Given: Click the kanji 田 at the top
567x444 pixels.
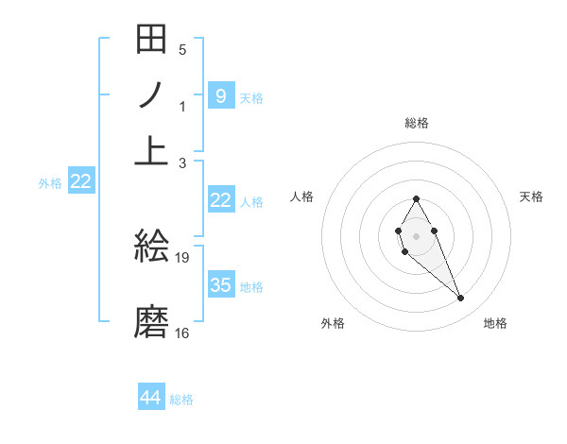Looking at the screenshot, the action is pos(152,41).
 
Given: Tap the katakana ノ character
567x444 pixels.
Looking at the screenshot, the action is pos(152,95).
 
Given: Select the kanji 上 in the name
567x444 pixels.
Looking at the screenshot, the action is pos(152,149).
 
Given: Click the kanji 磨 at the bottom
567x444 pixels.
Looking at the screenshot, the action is pos(152,321).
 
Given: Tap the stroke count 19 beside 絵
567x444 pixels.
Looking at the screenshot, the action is pos(183,257).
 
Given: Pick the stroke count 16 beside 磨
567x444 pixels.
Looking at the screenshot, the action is pos(182,333).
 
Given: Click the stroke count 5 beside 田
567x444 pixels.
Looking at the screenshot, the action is pos(182,50).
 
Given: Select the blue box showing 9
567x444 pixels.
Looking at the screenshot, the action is pos(220,95).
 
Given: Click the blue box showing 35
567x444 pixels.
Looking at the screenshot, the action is pos(220,284).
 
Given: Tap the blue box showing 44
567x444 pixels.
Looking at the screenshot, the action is pos(151,398).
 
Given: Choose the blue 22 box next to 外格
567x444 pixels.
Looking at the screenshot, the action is pos(80,181).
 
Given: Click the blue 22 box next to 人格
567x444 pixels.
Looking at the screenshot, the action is pos(220,200).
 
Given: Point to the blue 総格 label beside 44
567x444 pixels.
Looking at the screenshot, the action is pos(181,400).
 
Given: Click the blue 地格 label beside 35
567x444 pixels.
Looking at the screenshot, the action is pos(251,286).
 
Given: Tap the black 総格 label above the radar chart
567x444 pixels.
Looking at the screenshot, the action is pos(416,123).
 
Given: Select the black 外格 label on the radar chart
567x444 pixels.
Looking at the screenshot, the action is pos(333,323).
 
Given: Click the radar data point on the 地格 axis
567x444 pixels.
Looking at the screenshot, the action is pos(460,299).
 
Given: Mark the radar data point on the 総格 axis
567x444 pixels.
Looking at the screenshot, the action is pos(416,198).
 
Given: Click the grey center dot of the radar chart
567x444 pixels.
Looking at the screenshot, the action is pos(416,234).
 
